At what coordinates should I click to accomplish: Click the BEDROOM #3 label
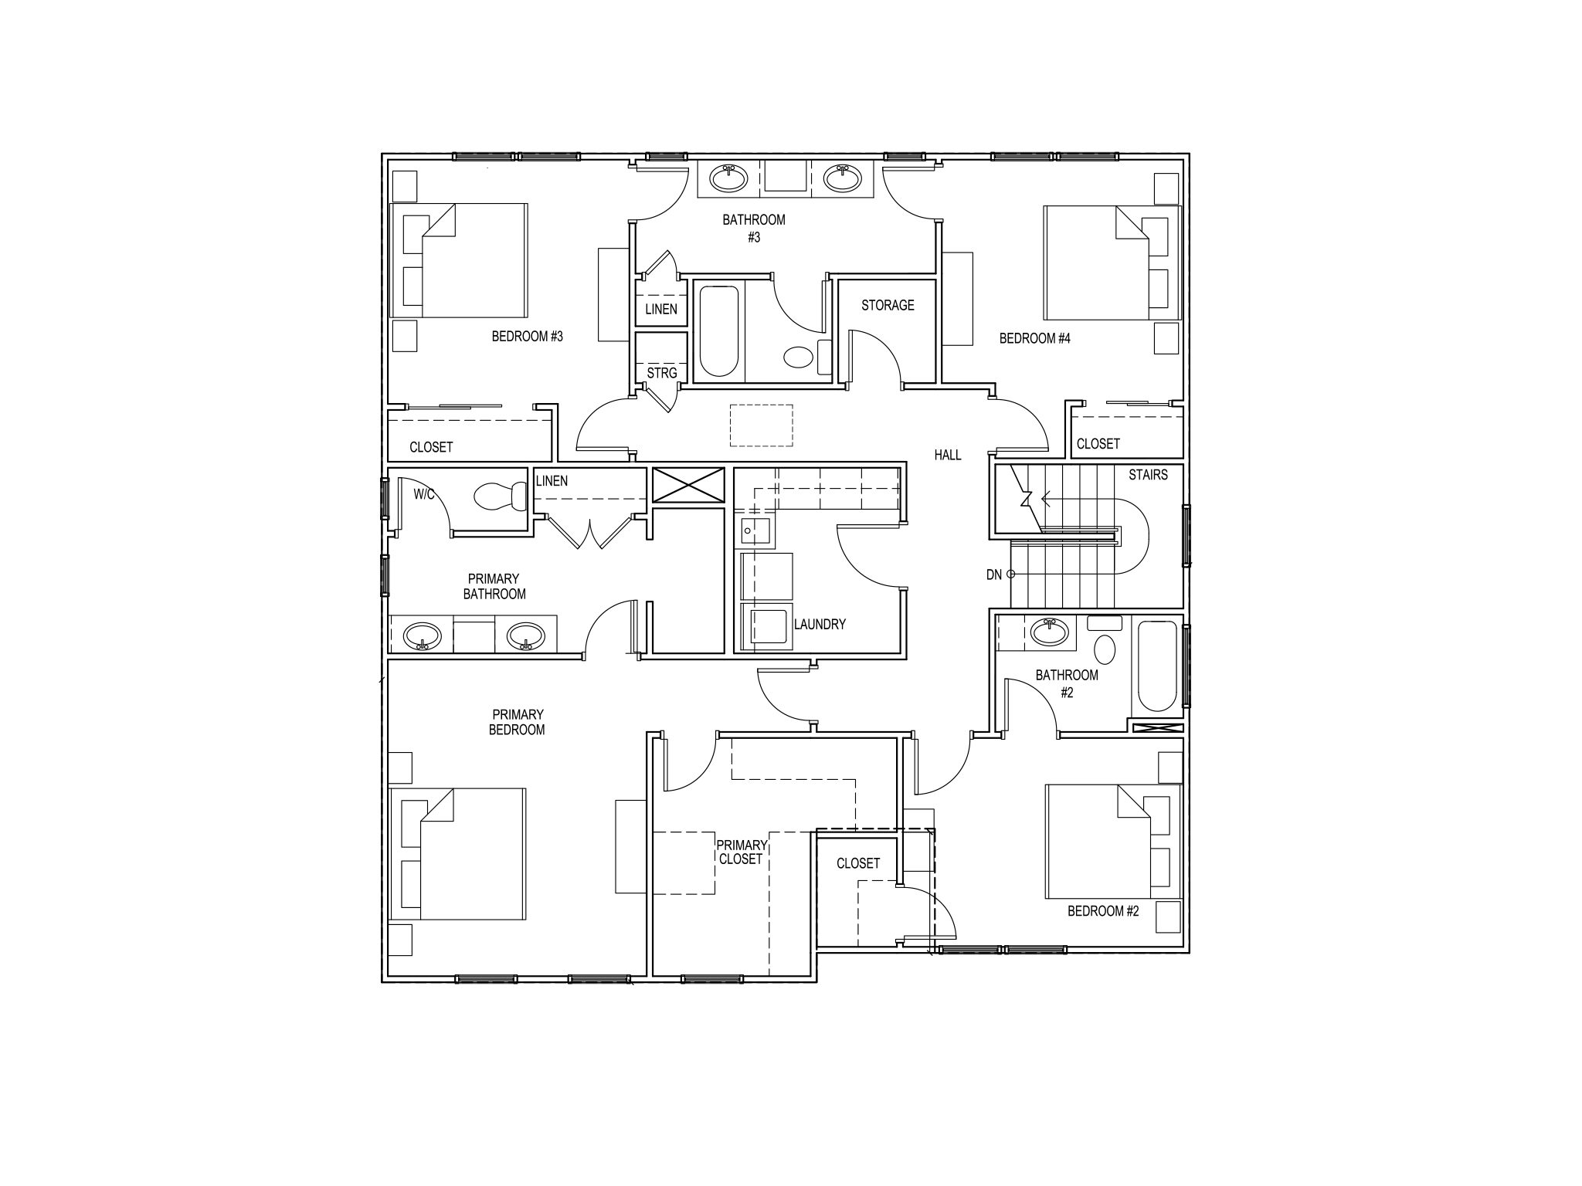click(x=527, y=337)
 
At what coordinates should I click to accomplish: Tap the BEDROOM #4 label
click(x=1034, y=338)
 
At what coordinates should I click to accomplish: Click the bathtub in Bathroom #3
click(x=718, y=331)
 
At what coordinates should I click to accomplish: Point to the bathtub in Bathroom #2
click(x=1156, y=666)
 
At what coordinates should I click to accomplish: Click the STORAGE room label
click(x=888, y=306)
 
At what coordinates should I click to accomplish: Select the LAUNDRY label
click(x=820, y=624)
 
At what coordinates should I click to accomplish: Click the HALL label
click(x=947, y=456)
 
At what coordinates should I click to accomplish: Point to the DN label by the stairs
click(x=993, y=574)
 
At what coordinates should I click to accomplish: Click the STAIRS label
click(x=1148, y=475)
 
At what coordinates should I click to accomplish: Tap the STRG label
click(x=661, y=374)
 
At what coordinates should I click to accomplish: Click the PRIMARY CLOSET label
click(x=742, y=852)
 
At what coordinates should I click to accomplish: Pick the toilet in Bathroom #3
click(x=799, y=357)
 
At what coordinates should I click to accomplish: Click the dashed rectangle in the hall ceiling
click(x=762, y=425)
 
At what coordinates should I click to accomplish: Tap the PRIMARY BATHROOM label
click(x=494, y=586)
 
